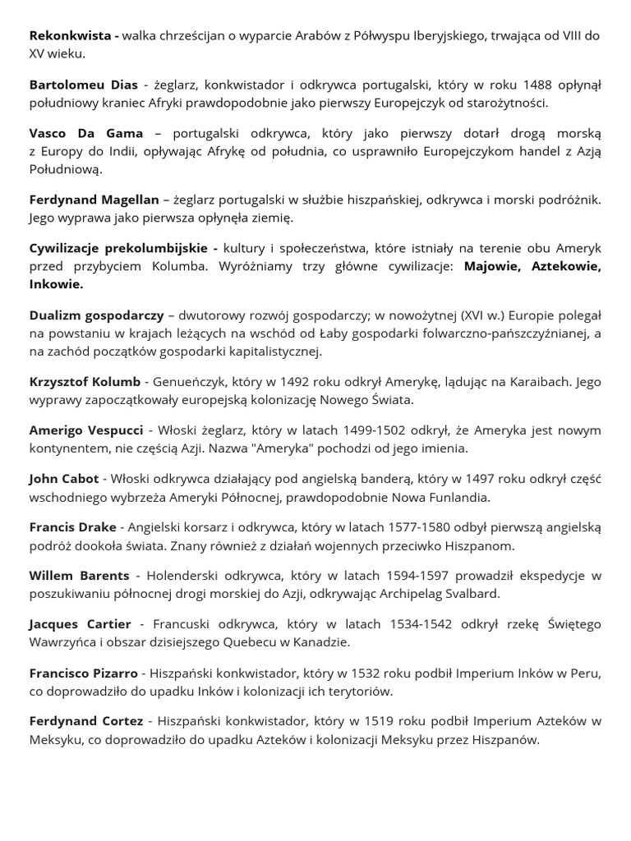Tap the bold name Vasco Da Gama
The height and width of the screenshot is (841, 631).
point(86,133)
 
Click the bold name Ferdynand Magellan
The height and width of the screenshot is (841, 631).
point(93,200)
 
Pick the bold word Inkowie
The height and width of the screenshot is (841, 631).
point(56,284)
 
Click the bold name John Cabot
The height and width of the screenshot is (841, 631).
point(64,478)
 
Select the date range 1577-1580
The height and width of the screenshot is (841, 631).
point(360,526)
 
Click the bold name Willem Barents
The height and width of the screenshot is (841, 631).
point(79,575)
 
